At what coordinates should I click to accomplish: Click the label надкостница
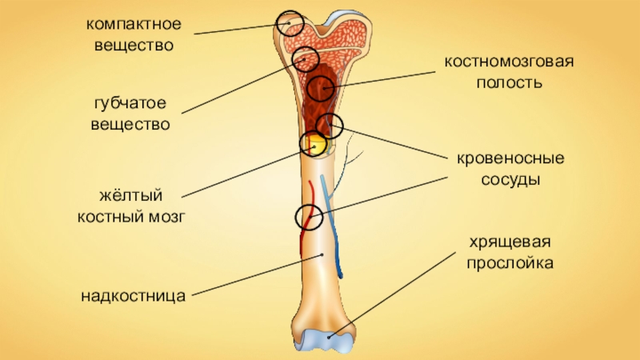click(133, 296)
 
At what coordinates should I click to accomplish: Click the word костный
click(110, 217)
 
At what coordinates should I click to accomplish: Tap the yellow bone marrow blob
click(315, 145)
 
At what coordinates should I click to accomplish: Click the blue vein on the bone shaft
click(333, 232)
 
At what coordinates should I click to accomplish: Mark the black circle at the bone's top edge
click(290, 23)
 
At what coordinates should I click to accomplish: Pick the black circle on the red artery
click(308, 217)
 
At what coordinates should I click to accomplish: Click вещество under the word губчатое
click(130, 126)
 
